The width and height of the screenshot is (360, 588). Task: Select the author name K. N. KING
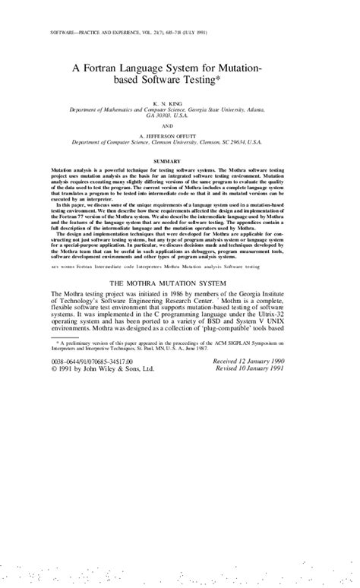(179, 102)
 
